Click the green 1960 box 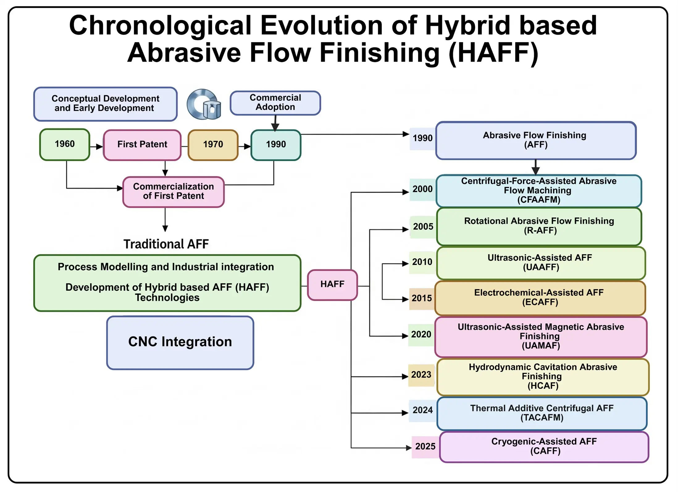point(65,144)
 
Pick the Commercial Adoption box point(275,103)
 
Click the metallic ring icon point(203,104)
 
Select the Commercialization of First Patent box point(173,192)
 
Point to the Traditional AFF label point(166,244)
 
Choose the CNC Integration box point(180,342)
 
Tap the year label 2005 point(423,227)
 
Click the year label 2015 point(421,298)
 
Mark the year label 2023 point(421,375)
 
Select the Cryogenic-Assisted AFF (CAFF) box point(544,447)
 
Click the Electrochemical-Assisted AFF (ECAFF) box point(539,298)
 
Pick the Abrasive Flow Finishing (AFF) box point(535,140)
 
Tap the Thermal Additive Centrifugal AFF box point(542,413)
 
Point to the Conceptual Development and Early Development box point(105,104)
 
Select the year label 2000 point(422,189)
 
